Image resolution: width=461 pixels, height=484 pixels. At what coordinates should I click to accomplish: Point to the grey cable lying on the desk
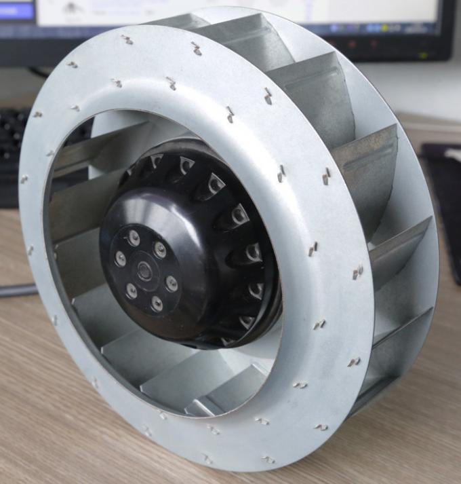pos(17,291)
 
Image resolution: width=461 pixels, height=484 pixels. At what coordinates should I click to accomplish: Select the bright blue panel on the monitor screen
pos(16,10)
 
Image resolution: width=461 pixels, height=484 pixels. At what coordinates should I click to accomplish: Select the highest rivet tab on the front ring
pos(127,39)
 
